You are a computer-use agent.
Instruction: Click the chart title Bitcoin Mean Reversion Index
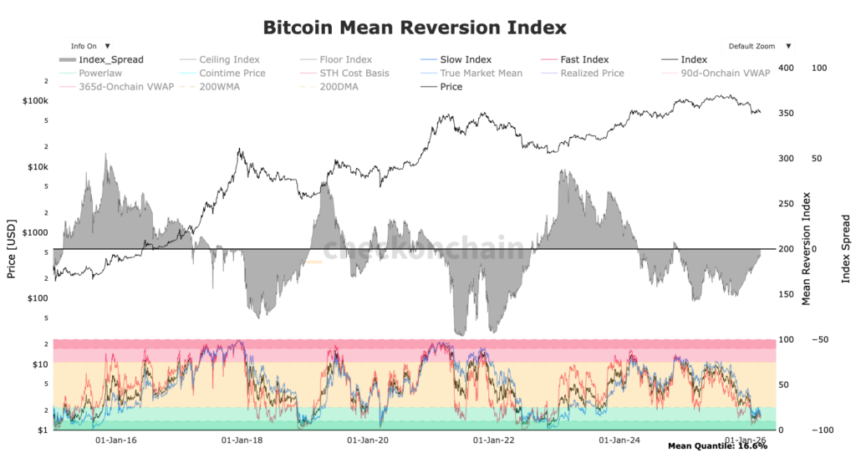tap(415, 27)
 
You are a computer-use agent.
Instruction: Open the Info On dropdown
tap(89, 46)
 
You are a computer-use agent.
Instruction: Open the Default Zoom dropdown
tap(758, 46)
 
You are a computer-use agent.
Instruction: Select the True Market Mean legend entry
tap(481, 74)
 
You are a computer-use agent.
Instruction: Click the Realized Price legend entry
tap(593, 74)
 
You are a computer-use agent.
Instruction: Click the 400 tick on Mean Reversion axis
tap(785, 68)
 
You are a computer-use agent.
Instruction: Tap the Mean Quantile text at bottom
tap(717, 446)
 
